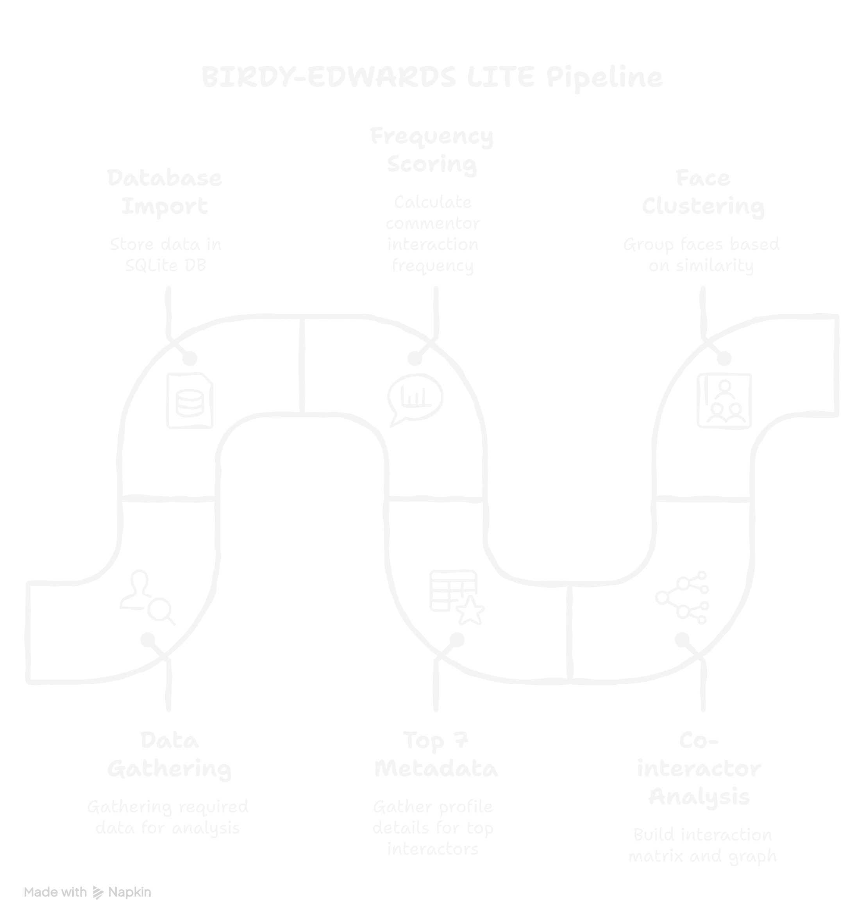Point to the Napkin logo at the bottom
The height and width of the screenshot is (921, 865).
tap(122, 892)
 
